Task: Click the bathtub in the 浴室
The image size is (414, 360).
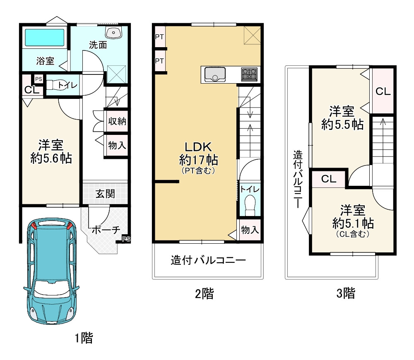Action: (x=45, y=37)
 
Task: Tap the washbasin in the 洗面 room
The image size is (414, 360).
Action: (x=113, y=32)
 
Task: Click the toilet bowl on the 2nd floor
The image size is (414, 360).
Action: (x=250, y=205)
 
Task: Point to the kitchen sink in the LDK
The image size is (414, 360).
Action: (x=215, y=74)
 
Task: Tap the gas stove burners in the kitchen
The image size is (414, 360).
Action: (x=249, y=74)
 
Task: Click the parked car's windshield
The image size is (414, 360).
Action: (x=51, y=289)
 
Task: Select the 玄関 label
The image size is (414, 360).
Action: (x=105, y=194)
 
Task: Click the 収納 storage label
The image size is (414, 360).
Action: (x=117, y=121)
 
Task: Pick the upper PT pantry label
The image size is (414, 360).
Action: (x=159, y=37)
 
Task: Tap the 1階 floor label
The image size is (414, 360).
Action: (x=84, y=338)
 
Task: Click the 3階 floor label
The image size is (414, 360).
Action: (x=346, y=293)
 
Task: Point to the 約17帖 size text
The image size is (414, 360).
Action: (x=199, y=160)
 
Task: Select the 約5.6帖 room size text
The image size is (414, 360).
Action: (x=51, y=158)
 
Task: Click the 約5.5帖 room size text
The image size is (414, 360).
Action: (x=342, y=124)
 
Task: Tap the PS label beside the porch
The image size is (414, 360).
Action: (x=126, y=239)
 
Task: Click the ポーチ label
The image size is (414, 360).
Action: (x=106, y=230)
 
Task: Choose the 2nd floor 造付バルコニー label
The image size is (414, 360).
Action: (x=208, y=260)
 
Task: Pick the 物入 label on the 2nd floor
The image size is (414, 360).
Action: (x=250, y=230)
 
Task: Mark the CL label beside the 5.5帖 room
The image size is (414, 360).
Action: (x=383, y=91)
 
